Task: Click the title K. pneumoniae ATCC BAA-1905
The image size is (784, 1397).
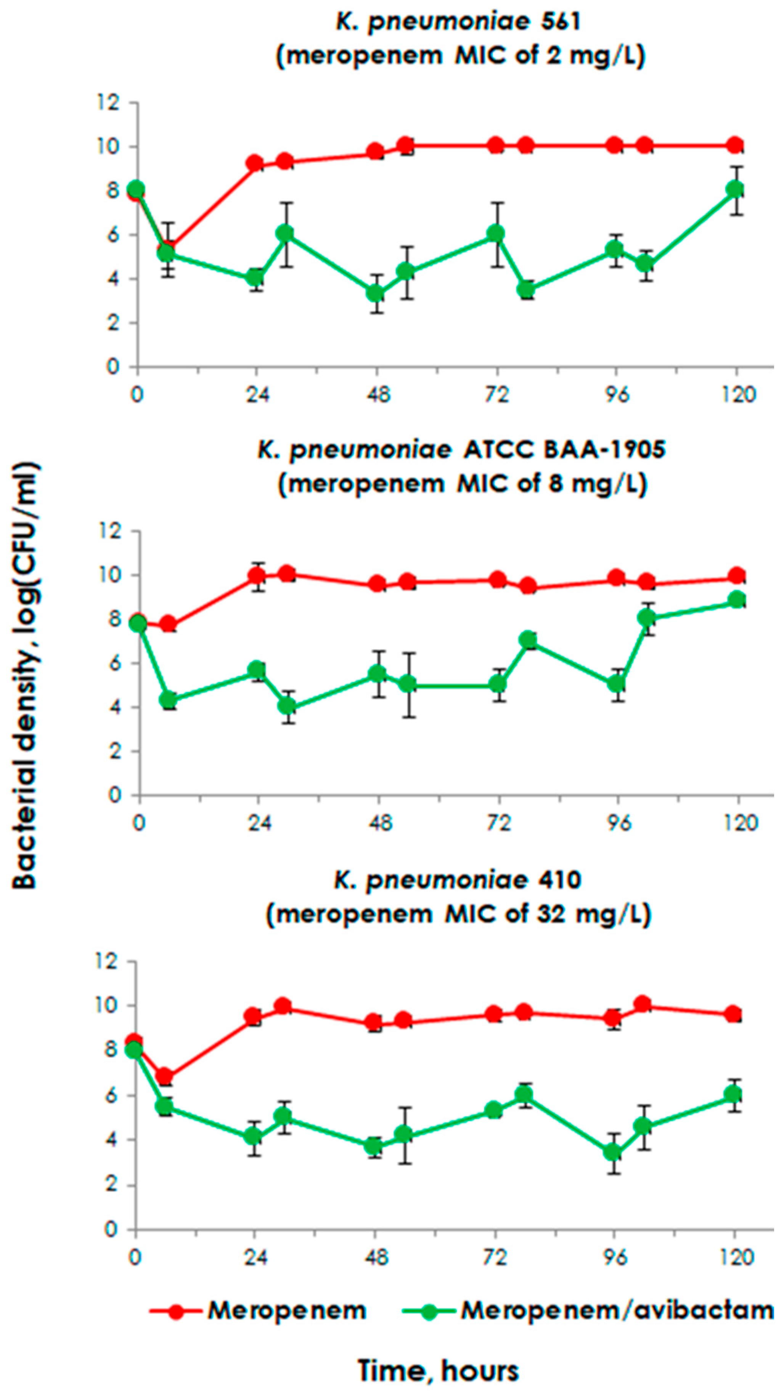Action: [461, 450]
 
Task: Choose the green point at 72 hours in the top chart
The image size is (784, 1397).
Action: [495, 234]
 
